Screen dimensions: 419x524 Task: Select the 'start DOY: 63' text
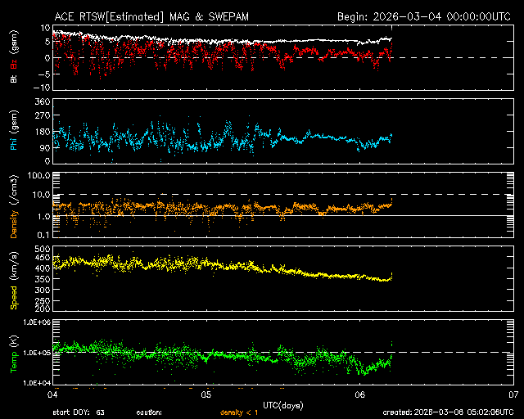click(79, 412)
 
